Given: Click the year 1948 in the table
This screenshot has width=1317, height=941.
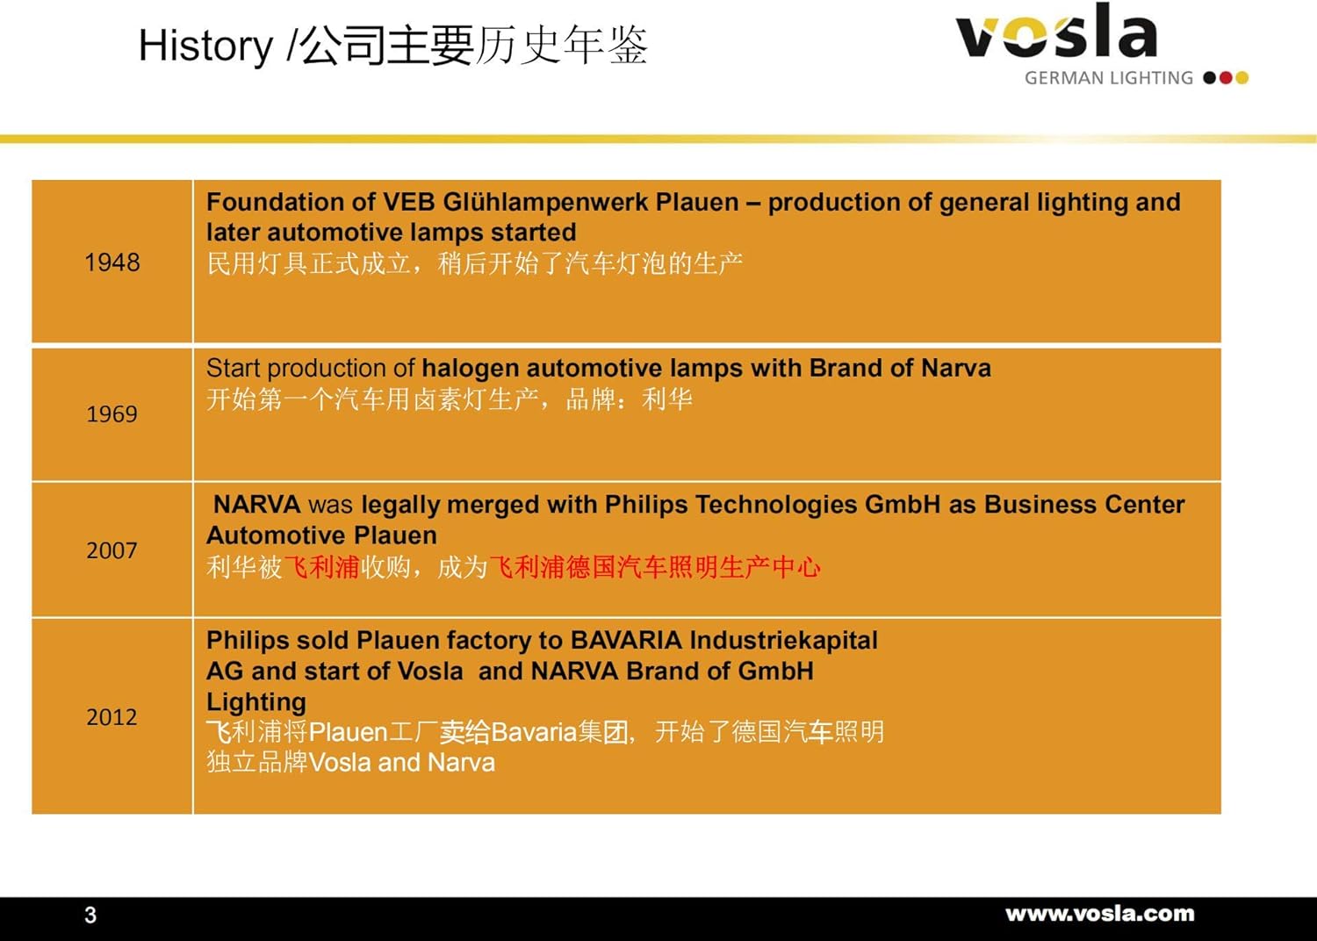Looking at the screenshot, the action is tap(112, 262).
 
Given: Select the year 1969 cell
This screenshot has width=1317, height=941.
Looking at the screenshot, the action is tap(112, 413).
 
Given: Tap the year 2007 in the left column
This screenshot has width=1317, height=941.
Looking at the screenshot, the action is tap(112, 550).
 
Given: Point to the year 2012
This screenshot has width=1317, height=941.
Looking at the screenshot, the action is tap(112, 716).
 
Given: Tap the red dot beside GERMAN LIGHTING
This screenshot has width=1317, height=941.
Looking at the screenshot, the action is tap(1226, 77).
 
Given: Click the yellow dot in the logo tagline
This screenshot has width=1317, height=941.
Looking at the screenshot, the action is tap(1241, 77).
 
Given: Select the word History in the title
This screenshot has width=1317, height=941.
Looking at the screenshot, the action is tap(205, 46).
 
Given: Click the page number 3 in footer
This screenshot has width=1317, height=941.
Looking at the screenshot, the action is tap(90, 916).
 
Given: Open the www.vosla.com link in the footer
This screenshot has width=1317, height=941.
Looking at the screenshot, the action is tap(1100, 914).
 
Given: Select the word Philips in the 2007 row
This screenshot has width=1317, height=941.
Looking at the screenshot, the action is tap(646, 506).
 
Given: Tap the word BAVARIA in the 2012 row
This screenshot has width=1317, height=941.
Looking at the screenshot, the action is tap(626, 640).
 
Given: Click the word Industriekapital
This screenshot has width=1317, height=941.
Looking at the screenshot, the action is tap(784, 641).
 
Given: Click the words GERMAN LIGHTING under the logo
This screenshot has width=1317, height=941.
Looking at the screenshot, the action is tap(1109, 78).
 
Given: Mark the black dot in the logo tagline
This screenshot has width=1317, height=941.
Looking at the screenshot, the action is tap(1210, 77).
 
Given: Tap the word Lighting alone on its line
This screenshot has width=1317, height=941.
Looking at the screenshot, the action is tap(256, 703).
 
